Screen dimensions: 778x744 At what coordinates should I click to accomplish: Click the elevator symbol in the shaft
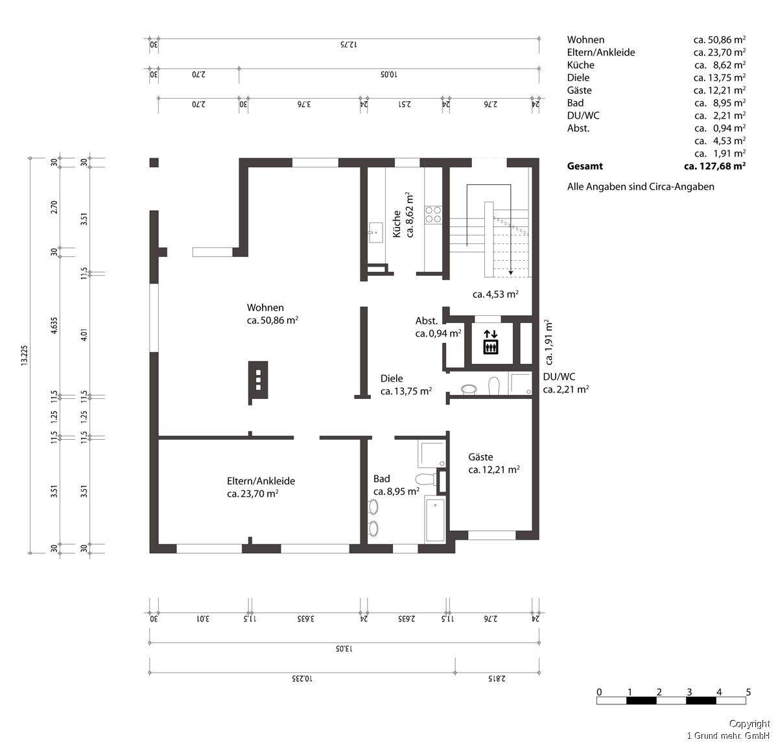tap(491, 342)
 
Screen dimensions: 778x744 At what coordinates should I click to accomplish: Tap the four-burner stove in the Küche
tap(433, 215)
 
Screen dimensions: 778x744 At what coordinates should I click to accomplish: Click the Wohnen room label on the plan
tap(265, 307)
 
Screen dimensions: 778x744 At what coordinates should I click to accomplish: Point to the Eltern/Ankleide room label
tap(261, 481)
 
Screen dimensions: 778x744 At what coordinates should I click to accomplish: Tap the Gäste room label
tap(480, 457)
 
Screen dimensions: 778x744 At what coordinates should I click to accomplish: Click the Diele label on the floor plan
tap(392, 378)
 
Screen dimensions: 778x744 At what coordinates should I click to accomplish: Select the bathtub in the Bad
tap(435, 519)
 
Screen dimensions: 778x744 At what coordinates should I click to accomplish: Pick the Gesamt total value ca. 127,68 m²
tap(714, 166)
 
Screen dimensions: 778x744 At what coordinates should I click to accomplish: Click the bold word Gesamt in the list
tap(585, 166)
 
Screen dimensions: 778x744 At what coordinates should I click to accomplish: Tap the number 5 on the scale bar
tap(748, 692)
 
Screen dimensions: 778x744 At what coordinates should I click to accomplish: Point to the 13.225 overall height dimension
tap(25, 355)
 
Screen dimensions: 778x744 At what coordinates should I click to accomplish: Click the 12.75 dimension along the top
tap(349, 45)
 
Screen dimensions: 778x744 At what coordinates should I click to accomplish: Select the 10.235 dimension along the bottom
tap(302, 678)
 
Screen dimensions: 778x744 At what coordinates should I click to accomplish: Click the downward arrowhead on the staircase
tap(510, 273)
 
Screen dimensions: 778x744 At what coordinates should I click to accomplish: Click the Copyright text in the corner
tap(749, 724)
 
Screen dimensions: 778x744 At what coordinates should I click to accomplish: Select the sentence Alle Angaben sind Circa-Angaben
tap(641, 187)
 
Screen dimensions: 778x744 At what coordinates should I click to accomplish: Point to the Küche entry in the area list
tap(580, 65)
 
